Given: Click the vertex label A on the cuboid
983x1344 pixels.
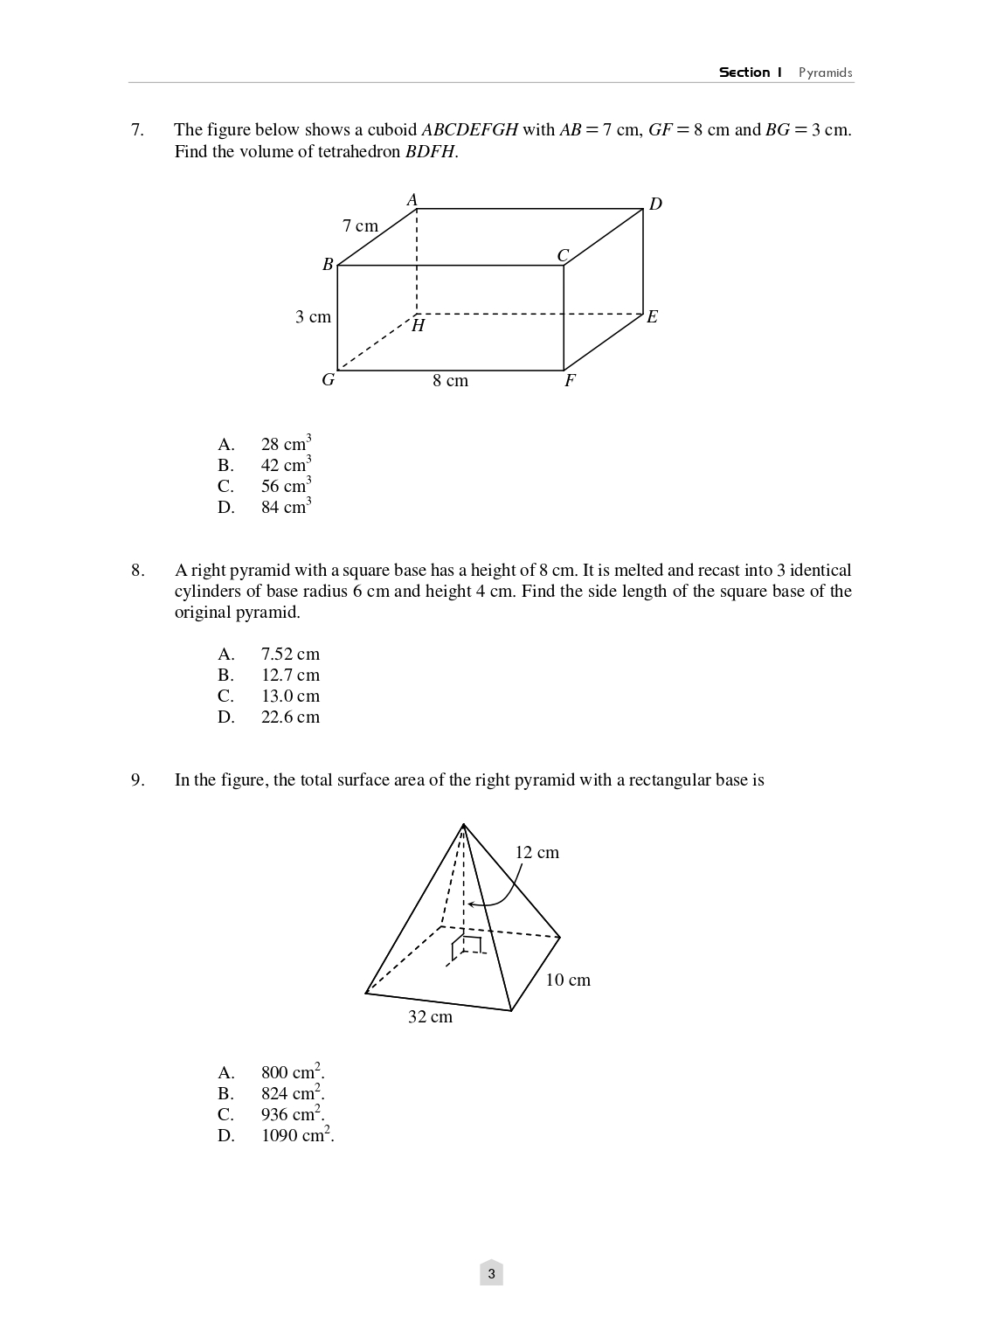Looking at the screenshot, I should pyautogui.click(x=412, y=200).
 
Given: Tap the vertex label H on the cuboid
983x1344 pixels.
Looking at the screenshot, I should pyautogui.click(x=419, y=326).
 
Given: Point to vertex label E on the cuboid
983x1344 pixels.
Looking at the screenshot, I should pyautogui.click(x=652, y=317).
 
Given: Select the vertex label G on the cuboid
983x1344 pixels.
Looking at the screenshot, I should pyautogui.click(x=329, y=380).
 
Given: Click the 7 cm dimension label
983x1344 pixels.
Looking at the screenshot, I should pyautogui.click(x=360, y=226).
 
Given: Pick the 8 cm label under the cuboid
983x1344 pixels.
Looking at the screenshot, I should pyautogui.click(x=450, y=381).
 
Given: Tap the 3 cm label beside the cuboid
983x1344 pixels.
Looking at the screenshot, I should pyautogui.click(x=313, y=317).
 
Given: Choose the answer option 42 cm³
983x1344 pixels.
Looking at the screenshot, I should pyautogui.click(x=286, y=465).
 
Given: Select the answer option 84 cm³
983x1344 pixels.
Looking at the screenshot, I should pyautogui.click(x=286, y=507).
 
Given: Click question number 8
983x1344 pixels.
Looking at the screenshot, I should pyautogui.click(x=138, y=571).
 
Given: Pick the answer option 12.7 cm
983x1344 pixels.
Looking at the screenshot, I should pyautogui.click(x=290, y=675).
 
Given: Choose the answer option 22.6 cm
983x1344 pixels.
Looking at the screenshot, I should pyautogui.click(x=290, y=717).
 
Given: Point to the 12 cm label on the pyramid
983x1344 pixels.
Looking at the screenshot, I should pyautogui.click(x=536, y=853).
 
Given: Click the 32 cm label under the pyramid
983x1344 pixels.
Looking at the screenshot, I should pyautogui.click(x=430, y=1017).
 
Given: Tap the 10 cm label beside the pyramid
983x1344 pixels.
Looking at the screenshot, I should pyautogui.click(x=568, y=980).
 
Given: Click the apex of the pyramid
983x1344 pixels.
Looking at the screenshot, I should pyautogui.click(x=463, y=824).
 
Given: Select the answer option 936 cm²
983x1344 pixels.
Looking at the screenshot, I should pyautogui.click(x=292, y=1114).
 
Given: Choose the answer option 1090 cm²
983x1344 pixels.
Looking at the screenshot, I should pyautogui.click(x=297, y=1135).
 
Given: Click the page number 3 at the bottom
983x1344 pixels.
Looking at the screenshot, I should pyautogui.click(x=491, y=1274).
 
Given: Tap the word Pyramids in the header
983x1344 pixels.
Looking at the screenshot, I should pyautogui.click(x=825, y=73).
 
